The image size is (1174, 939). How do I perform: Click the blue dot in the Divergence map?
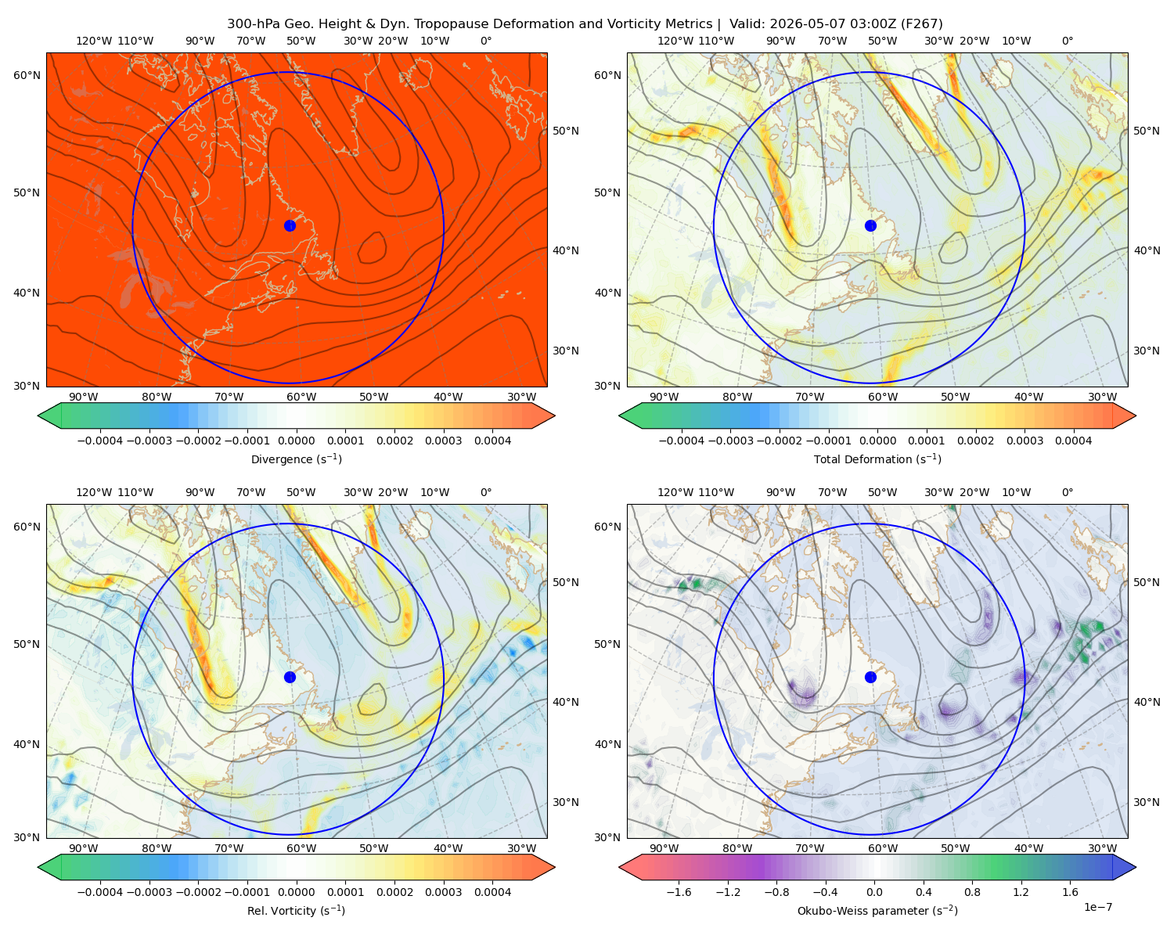click(290, 225)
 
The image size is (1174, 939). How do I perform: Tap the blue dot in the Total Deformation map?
click(870, 225)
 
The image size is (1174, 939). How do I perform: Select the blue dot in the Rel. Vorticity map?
click(290, 677)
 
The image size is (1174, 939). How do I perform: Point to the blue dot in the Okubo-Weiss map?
click(870, 677)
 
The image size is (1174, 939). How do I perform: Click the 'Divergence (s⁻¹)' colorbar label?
click(296, 459)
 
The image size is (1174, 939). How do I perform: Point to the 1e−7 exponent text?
click(1097, 907)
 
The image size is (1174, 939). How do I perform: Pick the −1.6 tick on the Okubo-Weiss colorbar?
click(679, 891)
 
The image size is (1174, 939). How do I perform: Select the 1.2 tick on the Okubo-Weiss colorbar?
click(1021, 891)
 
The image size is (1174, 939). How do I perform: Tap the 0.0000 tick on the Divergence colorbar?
click(296, 441)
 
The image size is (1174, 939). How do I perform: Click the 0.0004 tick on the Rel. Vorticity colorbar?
click(492, 891)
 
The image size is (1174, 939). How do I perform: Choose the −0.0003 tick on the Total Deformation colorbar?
click(731, 441)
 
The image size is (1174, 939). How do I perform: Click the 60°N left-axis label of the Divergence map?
click(27, 75)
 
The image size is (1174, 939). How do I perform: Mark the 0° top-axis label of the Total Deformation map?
click(1067, 41)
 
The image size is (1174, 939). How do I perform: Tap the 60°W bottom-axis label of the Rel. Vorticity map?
click(301, 848)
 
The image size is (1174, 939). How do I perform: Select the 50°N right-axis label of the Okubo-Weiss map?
click(1146, 582)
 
